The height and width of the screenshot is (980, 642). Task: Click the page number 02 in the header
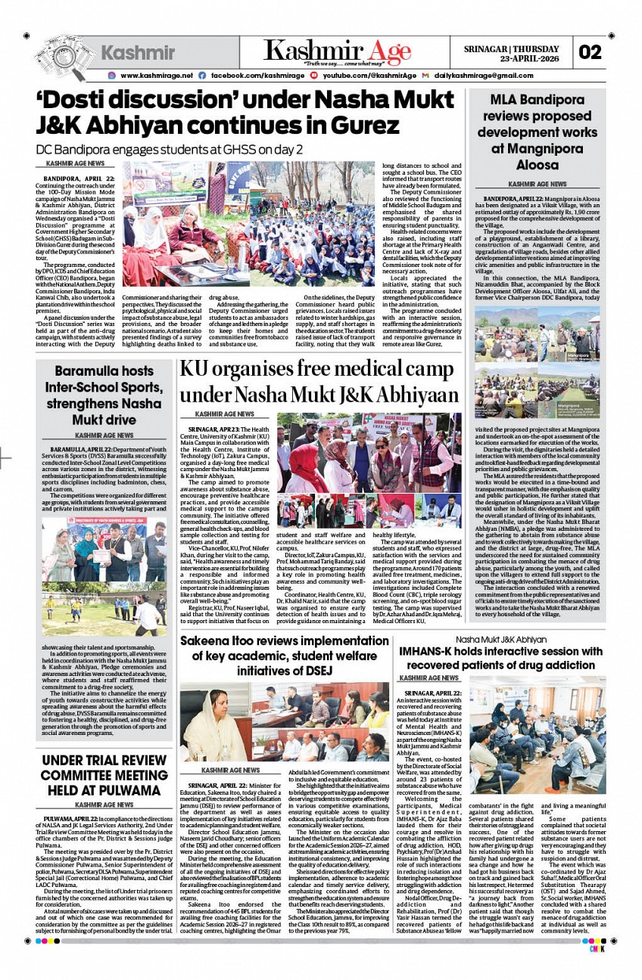[x=591, y=52]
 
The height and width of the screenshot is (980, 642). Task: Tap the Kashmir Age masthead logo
[x=338, y=51]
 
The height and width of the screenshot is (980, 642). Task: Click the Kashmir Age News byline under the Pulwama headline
[x=104, y=805]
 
